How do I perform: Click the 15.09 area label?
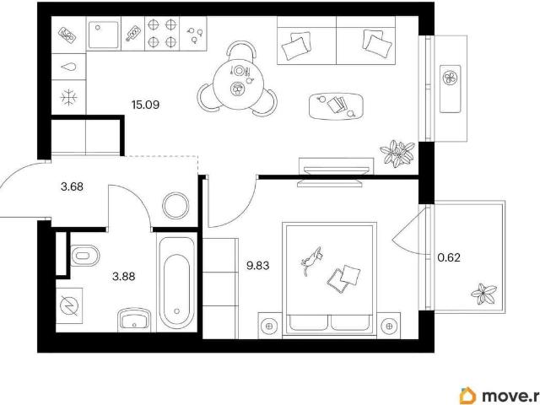click(145, 105)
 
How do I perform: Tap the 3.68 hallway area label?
click(72, 186)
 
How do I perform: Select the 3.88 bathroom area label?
click(124, 276)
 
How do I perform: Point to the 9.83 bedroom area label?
click(258, 266)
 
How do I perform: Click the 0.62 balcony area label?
click(449, 257)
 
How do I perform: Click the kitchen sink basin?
click(103, 35)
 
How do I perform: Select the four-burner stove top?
click(162, 34)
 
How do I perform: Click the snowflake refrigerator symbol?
click(69, 97)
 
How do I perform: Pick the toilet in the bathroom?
click(84, 256)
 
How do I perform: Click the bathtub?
click(176, 283)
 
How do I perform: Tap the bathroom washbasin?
click(134, 319)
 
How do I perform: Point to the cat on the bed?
click(311, 260)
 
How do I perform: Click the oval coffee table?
click(336, 106)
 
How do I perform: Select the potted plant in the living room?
click(397, 153)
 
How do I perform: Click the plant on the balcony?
click(483, 294)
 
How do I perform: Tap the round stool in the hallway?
click(175, 206)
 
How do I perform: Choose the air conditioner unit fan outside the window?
click(450, 78)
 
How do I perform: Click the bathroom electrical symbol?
click(69, 305)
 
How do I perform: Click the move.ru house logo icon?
click(467, 396)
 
